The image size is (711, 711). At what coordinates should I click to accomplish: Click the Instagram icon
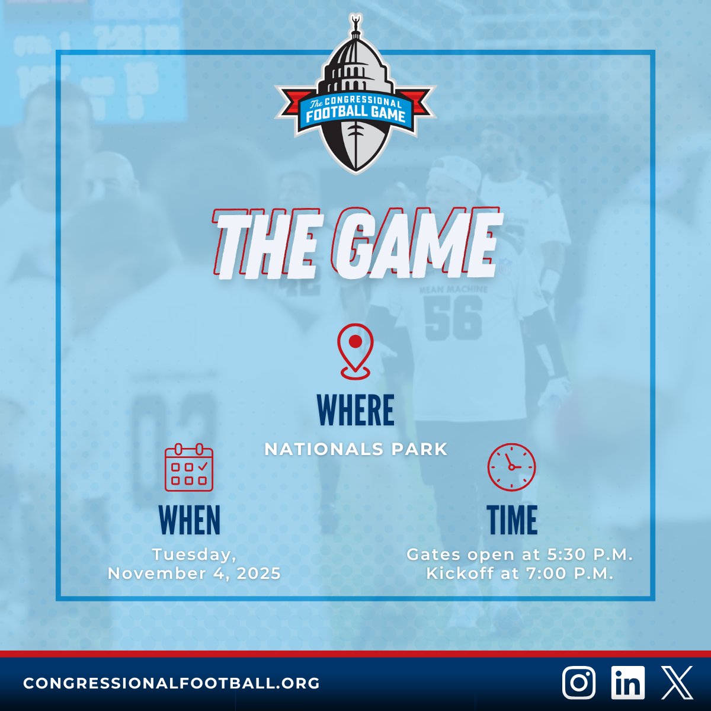pos(579,683)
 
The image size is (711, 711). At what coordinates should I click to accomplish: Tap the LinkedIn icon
pos(627,683)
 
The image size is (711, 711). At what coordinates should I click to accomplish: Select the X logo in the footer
pos(677,683)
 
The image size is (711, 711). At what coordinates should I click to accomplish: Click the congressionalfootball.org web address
pos(172,683)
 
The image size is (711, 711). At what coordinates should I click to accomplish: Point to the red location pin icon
pos(355,351)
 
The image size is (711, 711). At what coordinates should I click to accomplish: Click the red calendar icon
pos(189,467)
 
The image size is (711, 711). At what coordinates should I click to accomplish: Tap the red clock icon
pos(511,467)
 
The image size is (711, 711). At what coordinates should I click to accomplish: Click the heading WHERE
pos(355,410)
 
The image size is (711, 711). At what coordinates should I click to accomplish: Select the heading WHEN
pos(190,520)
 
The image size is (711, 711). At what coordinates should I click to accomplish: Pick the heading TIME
pos(513,520)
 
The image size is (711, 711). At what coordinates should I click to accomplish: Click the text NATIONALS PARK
pos(355,449)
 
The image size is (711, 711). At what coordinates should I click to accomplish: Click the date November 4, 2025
pos(194,574)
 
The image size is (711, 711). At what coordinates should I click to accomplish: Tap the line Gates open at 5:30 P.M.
pos(520,555)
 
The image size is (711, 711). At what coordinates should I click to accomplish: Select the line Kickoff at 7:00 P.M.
pos(520,574)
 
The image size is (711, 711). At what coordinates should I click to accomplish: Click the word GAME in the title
pos(415,243)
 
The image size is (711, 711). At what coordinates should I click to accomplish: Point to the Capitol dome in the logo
pos(355,65)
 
